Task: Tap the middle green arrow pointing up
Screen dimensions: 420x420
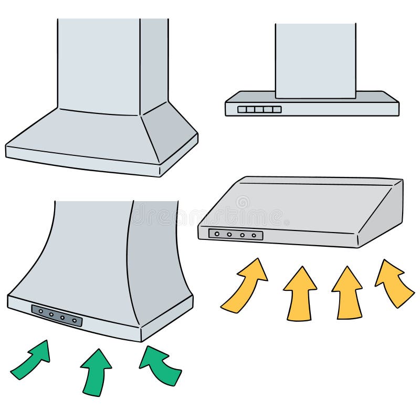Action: click(x=96, y=370)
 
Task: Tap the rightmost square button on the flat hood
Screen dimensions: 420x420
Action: click(x=277, y=109)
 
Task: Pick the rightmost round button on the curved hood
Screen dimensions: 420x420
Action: click(x=75, y=320)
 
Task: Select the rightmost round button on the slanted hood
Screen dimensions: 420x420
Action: click(x=254, y=236)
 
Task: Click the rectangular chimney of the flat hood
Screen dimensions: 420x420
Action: click(x=315, y=60)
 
